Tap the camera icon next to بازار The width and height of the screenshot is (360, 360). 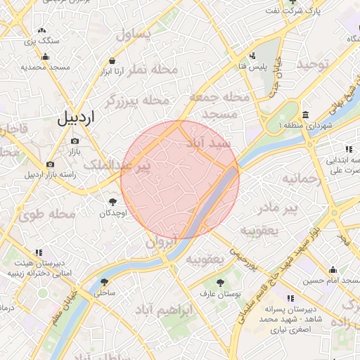(75, 141)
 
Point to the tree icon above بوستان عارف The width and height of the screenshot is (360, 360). (221, 283)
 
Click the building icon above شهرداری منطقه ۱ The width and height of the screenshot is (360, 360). (304, 115)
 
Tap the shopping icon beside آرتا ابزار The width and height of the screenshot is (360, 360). (112, 61)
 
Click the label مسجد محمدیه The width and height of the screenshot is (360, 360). (44, 67)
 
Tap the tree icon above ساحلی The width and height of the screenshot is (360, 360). (104, 282)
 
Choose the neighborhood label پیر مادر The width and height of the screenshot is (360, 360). (279, 208)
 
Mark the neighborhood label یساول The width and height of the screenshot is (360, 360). (135, 33)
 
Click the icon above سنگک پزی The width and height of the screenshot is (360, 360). (42, 31)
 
